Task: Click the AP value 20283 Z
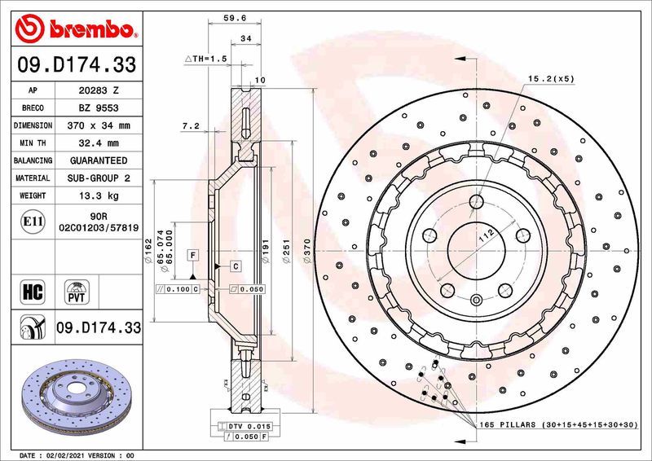pyautogui.click(x=98, y=91)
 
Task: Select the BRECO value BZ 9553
pyautogui.click(x=98, y=108)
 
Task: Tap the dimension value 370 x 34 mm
pyautogui.click(x=98, y=126)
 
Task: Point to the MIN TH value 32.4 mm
pyautogui.click(x=98, y=143)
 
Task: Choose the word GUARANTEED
pyautogui.click(x=98, y=160)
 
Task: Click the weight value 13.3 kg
pyautogui.click(x=98, y=195)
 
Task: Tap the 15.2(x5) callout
pyautogui.click(x=552, y=78)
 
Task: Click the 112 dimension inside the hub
pyautogui.click(x=486, y=235)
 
